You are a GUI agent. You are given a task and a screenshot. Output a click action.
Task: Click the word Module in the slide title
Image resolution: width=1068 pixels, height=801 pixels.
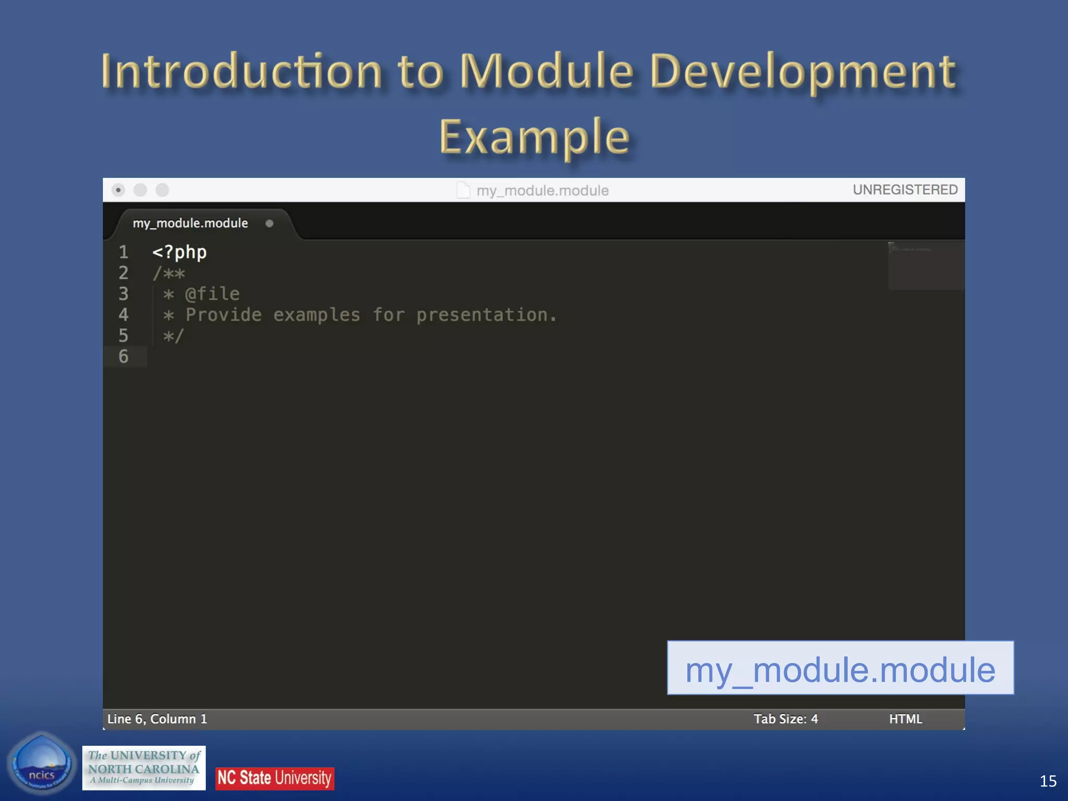tap(546, 71)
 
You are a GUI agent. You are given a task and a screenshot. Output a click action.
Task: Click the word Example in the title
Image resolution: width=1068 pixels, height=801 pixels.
tap(534, 137)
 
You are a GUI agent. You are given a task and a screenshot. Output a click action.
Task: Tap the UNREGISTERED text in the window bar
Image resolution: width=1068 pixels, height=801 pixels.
tap(905, 190)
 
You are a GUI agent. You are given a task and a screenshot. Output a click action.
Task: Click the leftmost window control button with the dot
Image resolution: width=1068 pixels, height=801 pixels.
tap(118, 190)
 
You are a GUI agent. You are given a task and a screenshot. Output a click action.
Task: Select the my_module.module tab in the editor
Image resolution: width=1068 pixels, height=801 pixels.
tap(190, 223)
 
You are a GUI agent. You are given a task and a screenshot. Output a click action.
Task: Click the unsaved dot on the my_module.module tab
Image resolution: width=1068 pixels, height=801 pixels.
tap(269, 224)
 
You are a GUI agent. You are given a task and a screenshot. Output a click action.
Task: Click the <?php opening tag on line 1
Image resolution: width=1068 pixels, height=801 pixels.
tap(179, 252)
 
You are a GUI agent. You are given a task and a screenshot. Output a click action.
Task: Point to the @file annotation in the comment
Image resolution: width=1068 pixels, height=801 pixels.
tap(212, 294)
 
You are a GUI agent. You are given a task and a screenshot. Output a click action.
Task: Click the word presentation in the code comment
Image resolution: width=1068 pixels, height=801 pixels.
tap(482, 315)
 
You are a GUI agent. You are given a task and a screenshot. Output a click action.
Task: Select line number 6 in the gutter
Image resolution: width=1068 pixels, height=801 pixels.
tap(124, 357)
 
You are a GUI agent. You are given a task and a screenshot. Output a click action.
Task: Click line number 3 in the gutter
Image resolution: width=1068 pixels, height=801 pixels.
tap(124, 294)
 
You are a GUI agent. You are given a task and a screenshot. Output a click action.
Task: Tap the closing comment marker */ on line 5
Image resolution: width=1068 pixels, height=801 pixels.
tap(174, 336)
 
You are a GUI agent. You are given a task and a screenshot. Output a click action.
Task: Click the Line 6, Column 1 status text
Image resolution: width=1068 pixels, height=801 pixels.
tap(157, 719)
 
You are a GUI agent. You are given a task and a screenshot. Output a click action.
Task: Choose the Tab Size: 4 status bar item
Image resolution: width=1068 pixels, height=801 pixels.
tap(785, 719)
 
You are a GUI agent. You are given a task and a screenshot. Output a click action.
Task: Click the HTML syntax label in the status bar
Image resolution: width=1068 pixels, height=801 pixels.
tap(905, 719)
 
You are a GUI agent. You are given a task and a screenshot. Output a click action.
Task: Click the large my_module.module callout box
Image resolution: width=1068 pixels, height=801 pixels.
tap(840, 669)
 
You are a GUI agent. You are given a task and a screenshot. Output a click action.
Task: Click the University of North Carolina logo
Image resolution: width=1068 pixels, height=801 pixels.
tap(144, 768)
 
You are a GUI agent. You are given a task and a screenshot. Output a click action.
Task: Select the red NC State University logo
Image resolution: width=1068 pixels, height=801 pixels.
tap(275, 778)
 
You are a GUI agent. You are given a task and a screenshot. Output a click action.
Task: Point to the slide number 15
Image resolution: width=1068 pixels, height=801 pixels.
tap(1048, 781)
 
